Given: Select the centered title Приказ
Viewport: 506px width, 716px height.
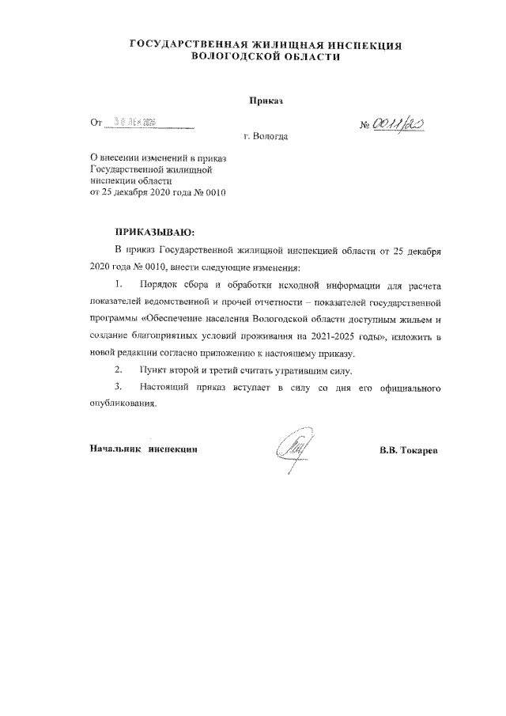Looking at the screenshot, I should coord(266,102).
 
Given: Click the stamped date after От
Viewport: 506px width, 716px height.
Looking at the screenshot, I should coord(134,122).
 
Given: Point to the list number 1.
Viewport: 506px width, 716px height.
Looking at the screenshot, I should coord(118,284).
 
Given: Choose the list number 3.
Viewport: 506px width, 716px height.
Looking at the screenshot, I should coord(118,388).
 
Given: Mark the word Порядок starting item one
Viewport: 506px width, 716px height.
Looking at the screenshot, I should coord(156,284).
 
